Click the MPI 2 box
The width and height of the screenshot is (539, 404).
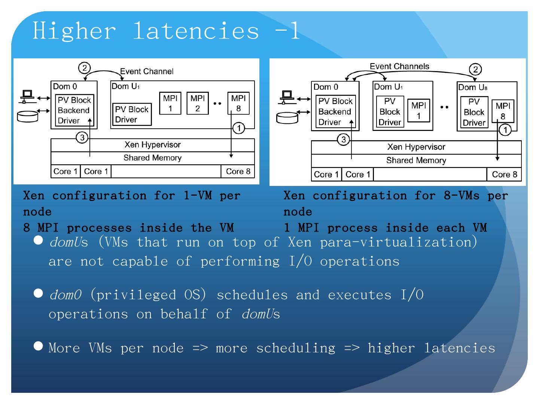(x=197, y=103)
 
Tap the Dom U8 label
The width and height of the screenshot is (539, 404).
(x=473, y=87)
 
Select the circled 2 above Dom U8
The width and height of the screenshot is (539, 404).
(x=475, y=69)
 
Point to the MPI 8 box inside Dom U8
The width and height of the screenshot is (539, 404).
(x=503, y=111)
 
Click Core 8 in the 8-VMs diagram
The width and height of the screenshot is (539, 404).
(x=504, y=174)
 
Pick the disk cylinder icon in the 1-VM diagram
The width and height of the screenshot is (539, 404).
(x=28, y=116)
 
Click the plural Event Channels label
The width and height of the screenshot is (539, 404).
(x=399, y=67)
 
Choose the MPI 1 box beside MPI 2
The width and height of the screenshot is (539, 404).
(x=170, y=103)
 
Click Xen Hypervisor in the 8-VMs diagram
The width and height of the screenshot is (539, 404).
(x=416, y=147)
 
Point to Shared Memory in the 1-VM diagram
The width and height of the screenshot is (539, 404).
(x=152, y=158)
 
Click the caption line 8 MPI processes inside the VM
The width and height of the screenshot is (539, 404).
(x=128, y=227)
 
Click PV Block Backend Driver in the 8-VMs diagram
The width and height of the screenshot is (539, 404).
(x=335, y=111)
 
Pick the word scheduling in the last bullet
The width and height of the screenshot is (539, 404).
(x=295, y=348)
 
